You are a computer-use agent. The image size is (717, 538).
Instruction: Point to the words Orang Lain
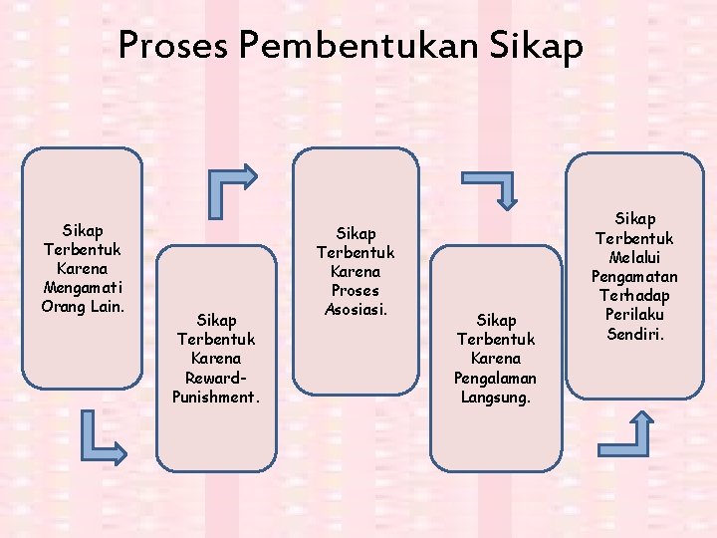pyautogui.click(x=83, y=306)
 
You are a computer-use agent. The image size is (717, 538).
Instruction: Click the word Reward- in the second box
pyautogui.click(x=216, y=378)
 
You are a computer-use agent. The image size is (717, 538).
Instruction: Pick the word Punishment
pyautogui.click(x=216, y=397)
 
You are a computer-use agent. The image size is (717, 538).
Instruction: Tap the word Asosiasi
pyautogui.click(x=356, y=310)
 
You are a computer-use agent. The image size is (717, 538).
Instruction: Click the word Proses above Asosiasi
pyautogui.click(x=356, y=291)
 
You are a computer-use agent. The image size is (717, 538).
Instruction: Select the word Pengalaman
pyautogui.click(x=495, y=378)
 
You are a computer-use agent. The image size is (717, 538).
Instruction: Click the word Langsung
pyautogui.click(x=495, y=397)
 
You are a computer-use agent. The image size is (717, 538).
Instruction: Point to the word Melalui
pyautogui.click(x=634, y=257)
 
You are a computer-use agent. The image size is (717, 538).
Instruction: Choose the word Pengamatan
pyautogui.click(x=634, y=276)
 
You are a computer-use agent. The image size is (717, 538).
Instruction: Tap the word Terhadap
pyautogui.click(x=634, y=295)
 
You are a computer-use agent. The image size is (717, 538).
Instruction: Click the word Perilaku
pyautogui.click(x=634, y=314)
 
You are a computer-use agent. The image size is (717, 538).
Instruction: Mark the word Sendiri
pyautogui.click(x=634, y=333)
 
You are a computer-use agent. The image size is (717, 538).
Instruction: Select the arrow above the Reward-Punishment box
pyautogui.click(x=230, y=188)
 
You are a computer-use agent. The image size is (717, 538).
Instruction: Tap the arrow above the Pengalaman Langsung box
pyautogui.click(x=491, y=188)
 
